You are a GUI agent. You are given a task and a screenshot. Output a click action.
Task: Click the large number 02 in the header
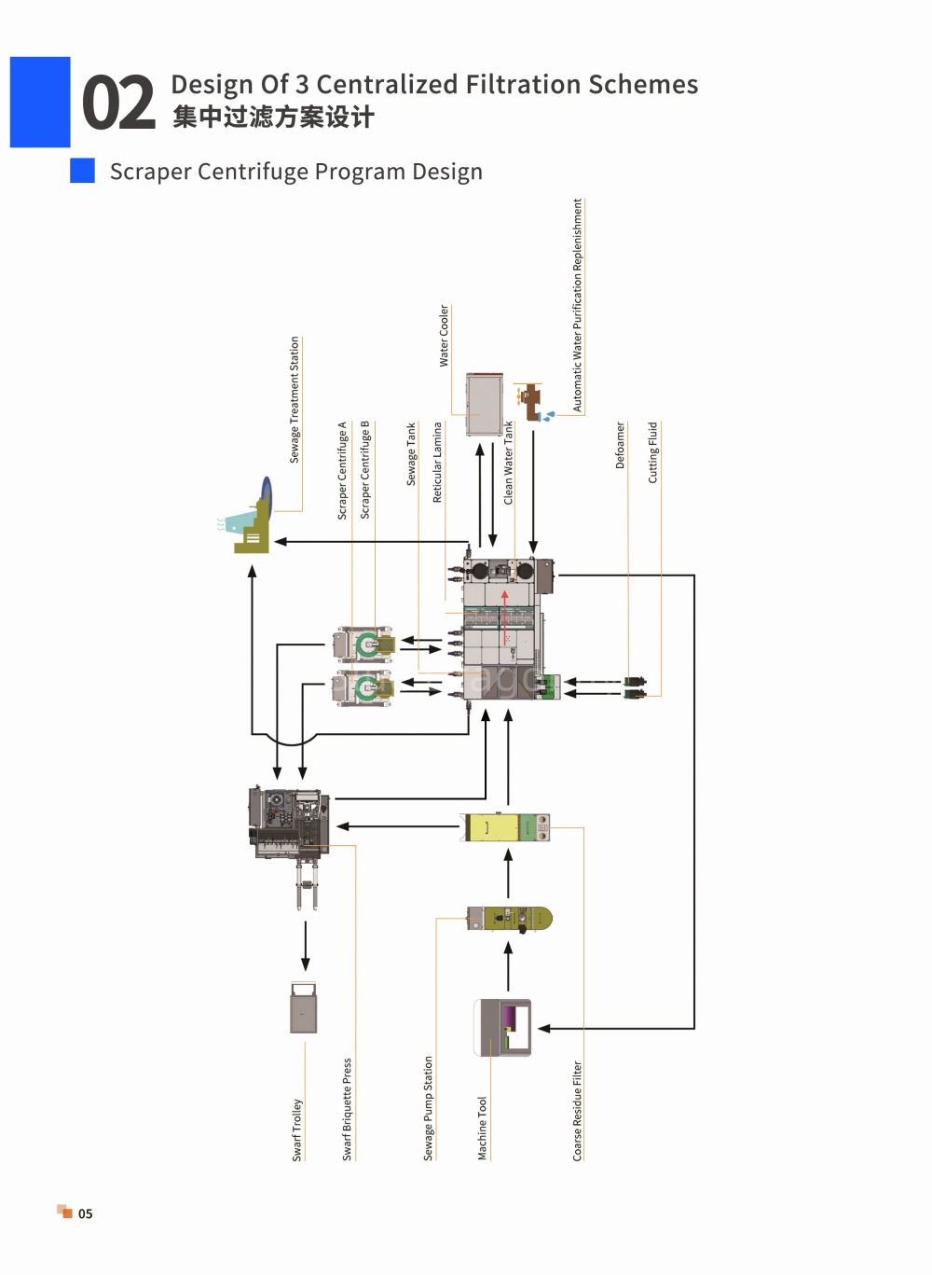click(118, 103)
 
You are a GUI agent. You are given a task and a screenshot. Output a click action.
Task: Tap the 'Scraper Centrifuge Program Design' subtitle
click(296, 172)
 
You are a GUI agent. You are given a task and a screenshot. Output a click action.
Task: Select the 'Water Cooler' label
click(445, 335)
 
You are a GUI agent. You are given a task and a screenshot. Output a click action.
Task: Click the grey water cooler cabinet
click(485, 404)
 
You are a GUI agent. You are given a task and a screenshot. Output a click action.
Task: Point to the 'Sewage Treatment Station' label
click(294, 399)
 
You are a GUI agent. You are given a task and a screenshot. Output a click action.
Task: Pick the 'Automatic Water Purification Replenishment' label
click(577, 305)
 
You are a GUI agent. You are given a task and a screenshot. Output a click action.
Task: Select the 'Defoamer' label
click(620, 445)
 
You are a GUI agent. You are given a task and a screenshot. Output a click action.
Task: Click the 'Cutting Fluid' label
click(652, 452)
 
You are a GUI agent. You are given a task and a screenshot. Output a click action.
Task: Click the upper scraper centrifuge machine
click(363, 644)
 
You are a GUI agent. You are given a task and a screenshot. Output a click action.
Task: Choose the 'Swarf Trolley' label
click(296, 1129)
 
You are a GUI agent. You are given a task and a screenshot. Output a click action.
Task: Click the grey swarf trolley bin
click(304, 1007)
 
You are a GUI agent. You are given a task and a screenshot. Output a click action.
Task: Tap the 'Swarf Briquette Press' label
click(347, 1109)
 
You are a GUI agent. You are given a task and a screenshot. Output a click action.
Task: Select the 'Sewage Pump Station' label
click(428, 1108)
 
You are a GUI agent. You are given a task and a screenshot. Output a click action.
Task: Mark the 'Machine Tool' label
click(482, 1129)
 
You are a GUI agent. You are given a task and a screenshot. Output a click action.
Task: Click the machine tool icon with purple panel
click(502, 1028)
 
